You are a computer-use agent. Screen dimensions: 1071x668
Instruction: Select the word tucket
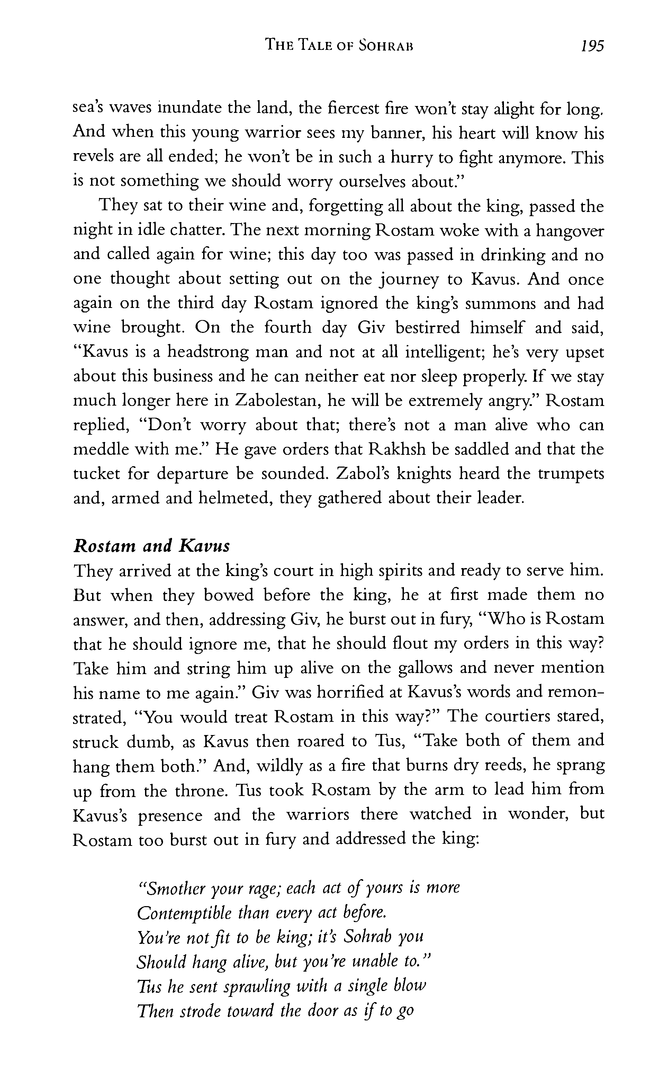pos(96,473)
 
